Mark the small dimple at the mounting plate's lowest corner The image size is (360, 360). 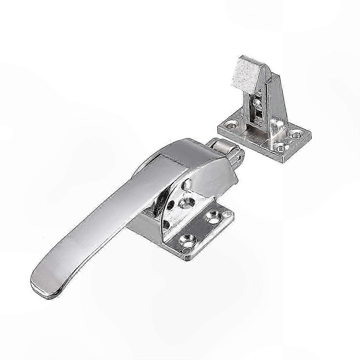coord(187,251)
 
